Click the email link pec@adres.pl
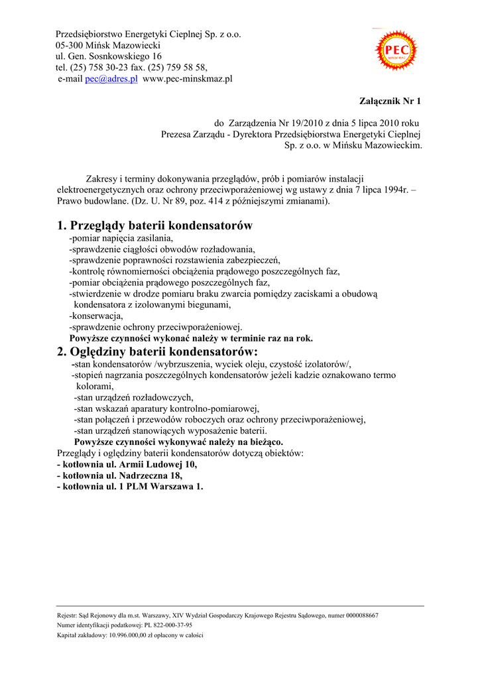click(111, 78)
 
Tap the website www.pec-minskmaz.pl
click(188, 78)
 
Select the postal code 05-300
click(70, 45)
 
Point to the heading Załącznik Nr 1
click(390, 101)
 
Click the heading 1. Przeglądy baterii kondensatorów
click(154, 225)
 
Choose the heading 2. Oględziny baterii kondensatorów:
click(157, 351)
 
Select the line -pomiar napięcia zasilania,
click(121, 237)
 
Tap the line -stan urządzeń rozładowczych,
click(133, 397)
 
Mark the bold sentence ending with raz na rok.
click(191, 338)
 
